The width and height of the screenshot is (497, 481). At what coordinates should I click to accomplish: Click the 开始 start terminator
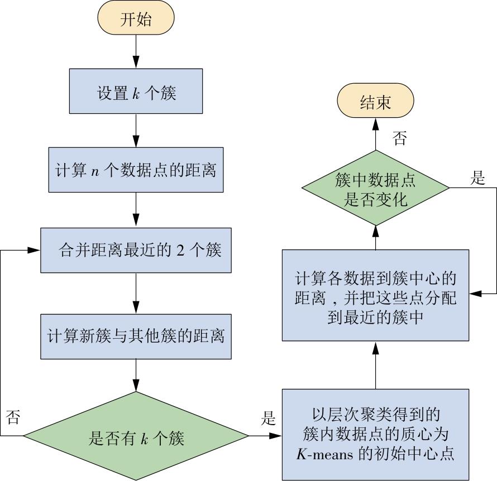tap(136, 18)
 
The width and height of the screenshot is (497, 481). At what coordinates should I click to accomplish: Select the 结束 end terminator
tap(375, 101)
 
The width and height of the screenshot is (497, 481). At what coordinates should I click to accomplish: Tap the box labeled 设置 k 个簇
tap(136, 91)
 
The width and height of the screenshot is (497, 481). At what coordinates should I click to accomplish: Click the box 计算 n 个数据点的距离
tap(136, 170)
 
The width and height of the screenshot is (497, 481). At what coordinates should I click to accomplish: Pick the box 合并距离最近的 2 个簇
tap(136, 250)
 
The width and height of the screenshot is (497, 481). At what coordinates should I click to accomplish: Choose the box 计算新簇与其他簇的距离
tap(136, 336)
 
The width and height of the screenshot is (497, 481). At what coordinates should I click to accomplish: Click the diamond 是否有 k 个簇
tap(136, 436)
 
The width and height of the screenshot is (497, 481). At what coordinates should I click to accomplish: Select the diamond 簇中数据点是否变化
tap(375, 188)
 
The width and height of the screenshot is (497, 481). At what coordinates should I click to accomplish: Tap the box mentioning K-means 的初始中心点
tap(375, 435)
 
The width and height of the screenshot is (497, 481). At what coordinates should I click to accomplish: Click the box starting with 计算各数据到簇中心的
tap(375, 295)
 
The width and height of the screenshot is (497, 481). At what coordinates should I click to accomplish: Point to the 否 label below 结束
tap(399, 138)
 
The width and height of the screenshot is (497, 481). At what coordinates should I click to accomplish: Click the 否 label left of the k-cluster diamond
tap(13, 417)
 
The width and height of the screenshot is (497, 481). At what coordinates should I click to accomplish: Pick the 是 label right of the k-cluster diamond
tap(268, 418)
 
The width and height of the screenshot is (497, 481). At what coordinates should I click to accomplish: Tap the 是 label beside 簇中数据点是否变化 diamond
tap(477, 178)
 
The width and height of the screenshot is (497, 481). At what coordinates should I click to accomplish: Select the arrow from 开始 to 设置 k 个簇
tap(136, 51)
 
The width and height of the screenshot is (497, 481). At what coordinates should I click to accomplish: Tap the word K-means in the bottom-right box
tap(324, 454)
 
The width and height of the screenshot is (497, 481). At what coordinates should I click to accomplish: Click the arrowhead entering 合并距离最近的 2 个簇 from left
tap(35, 250)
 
